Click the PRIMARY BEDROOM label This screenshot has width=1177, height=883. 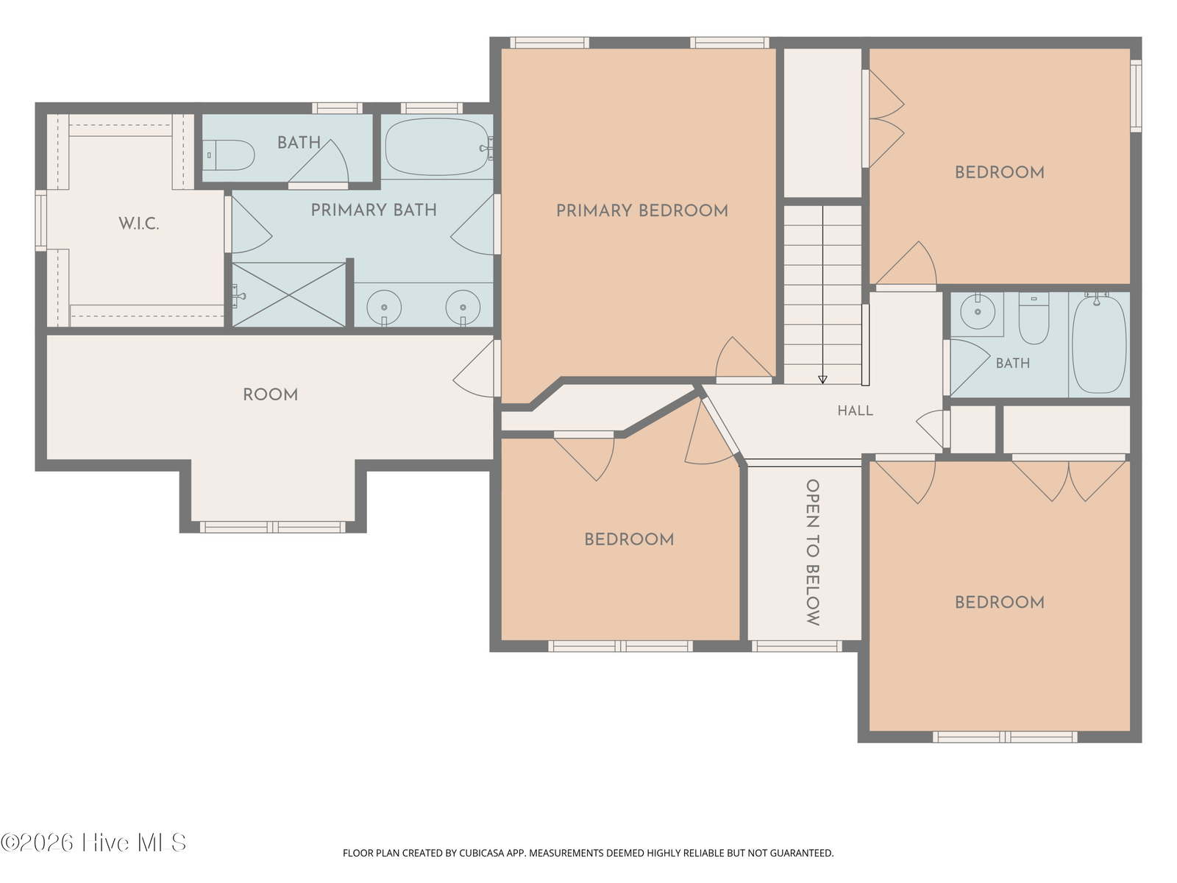click(x=642, y=210)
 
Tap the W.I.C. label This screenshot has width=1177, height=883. click(x=139, y=224)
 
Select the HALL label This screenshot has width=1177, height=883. click(x=856, y=411)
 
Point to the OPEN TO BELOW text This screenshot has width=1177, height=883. click(x=813, y=552)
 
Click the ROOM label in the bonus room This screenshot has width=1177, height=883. click(x=270, y=395)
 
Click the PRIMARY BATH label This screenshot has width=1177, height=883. click(x=374, y=210)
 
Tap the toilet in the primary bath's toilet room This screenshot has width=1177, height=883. click(x=229, y=155)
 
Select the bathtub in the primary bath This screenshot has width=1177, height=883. click(x=437, y=147)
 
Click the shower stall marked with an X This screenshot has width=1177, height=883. click(x=288, y=294)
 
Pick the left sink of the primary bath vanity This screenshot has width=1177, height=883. click(x=384, y=307)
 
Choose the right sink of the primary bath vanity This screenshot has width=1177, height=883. click(x=463, y=307)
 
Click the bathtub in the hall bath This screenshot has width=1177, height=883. click(x=1099, y=344)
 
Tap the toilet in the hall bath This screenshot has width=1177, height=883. click(x=1034, y=319)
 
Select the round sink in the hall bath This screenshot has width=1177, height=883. click(x=978, y=311)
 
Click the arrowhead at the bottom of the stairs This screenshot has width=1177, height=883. click(x=822, y=380)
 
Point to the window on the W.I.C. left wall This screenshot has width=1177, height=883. click(x=40, y=220)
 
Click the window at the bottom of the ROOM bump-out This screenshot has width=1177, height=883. click(x=273, y=528)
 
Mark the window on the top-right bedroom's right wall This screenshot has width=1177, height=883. click(x=1136, y=96)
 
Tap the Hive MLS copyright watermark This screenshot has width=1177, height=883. click(x=93, y=843)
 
